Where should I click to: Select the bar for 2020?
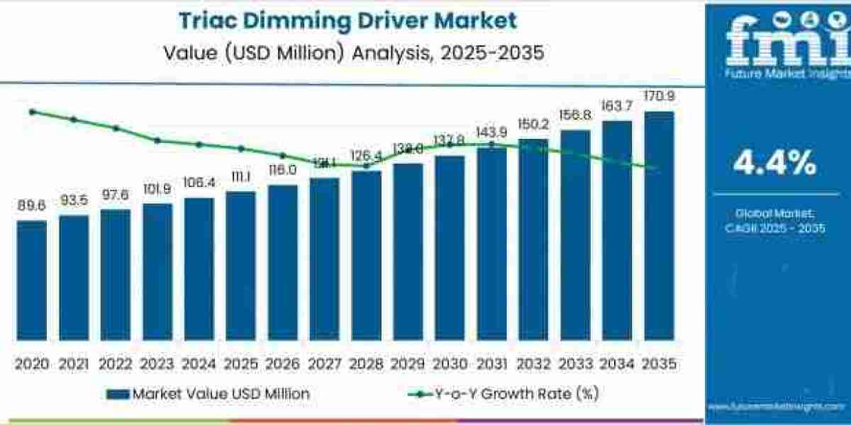click(x=32, y=280)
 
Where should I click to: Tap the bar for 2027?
click(x=325, y=259)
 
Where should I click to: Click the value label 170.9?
click(x=659, y=96)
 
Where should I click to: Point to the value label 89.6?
click(x=32, y=205)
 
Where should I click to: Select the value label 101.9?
click(x=157, y=189)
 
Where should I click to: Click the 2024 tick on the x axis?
click(x=199, y=363)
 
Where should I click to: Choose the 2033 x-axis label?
click(x=575, y=363)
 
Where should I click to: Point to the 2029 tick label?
click(x=408, y=363)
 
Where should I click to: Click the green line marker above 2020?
click(x=32, y=112)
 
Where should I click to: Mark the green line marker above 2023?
click(x=157, y=140)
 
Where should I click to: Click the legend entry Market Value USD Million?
click(x=208, y=393)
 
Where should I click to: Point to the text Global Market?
click(x=774, y=212)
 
